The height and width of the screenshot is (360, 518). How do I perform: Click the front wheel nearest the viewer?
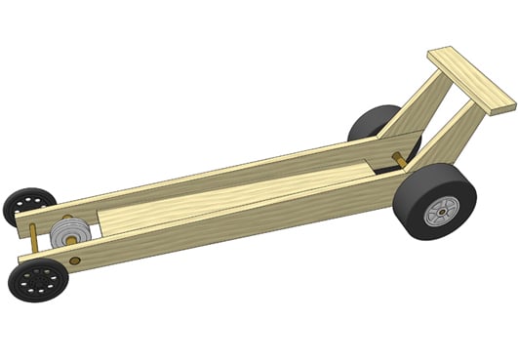tap(37, 280)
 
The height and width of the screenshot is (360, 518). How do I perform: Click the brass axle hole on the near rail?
tap(76, 261)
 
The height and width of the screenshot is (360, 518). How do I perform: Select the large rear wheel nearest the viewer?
tap(429, 208)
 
